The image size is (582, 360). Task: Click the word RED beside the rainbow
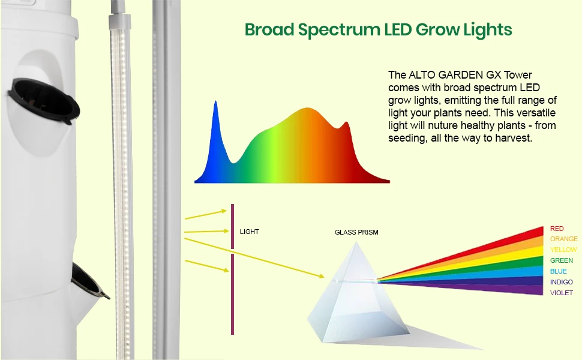557,229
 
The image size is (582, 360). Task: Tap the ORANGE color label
564,239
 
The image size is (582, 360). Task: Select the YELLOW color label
563,250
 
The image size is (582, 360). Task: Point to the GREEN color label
562,260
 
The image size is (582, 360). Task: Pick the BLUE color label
559,271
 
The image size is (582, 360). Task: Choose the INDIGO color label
562,282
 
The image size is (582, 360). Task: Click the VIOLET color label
562,293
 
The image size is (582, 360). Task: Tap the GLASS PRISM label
356,232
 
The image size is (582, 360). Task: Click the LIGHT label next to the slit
250,232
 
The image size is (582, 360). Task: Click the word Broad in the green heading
269,29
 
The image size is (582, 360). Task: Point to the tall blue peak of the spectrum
215,101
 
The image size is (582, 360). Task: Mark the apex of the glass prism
356,242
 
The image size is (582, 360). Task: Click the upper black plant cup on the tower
43,100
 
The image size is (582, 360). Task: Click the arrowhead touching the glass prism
320,275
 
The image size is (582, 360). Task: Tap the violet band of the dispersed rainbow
482,287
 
